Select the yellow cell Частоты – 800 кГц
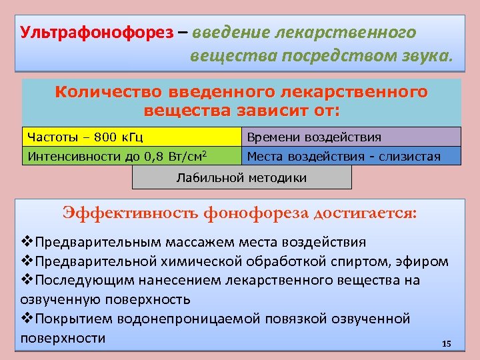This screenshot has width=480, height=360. click(131, 137)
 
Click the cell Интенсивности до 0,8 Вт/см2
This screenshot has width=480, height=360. click(131, 156)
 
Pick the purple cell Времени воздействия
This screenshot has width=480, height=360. click(351, 137)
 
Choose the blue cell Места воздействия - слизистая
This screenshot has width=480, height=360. click(351, 156)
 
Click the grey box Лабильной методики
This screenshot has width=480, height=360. click(241, 177)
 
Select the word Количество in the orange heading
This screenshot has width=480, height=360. click(109, 92)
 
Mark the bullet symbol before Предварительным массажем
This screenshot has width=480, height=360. click(27, 241)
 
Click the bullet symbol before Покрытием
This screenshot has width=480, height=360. click(27, 319)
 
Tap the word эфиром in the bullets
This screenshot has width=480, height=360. click(425, 261)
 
